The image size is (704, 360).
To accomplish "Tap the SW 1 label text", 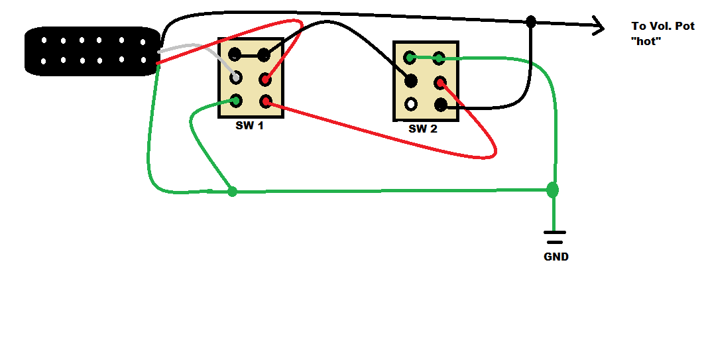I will [249, 125].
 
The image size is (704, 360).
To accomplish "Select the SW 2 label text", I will [423, 129].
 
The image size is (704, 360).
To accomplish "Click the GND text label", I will [556, 257].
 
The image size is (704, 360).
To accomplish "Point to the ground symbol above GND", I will [555, 237].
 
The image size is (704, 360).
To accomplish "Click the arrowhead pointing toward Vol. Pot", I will [598, 27].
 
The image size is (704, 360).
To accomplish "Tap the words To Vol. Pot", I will [662, 27].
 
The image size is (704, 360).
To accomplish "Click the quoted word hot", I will [647, 41].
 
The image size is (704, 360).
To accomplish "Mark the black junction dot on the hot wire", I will [530, 22].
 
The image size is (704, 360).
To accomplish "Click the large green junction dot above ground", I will [552, 190].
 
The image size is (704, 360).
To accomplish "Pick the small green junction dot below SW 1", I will [232, 192].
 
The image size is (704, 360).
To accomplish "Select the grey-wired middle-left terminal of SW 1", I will [235, 78].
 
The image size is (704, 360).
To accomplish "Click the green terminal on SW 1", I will [235, 101].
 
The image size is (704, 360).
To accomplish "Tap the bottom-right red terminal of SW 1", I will [265, 101].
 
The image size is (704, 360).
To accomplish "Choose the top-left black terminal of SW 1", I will [235, 54].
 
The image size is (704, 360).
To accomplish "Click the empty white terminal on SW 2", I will [411, 104].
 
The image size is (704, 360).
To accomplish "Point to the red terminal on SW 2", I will [440, 83].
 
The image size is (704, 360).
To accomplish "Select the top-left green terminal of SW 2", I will [411, 58].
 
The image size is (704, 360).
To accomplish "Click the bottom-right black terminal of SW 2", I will [440, 104].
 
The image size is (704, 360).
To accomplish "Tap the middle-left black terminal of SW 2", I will [411, 81].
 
